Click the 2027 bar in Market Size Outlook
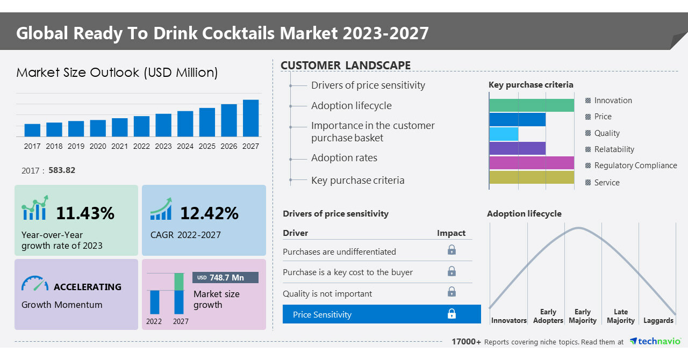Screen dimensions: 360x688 (x=250, y=118)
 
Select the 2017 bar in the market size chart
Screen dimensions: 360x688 (x=32, y=130)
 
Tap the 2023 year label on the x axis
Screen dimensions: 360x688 (x=163, y=146)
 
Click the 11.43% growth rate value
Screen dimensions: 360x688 (x=85, y=213)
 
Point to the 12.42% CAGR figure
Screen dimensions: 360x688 (x=209, y=213)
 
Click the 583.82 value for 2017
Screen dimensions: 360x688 (x=62, y=170)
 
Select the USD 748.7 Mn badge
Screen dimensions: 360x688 (x=225, y=278)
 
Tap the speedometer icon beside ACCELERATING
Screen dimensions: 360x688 (x=35, y=284)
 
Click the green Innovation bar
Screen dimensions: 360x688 (x=532, y=105)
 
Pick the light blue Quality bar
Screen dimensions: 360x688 (x=504, y=134)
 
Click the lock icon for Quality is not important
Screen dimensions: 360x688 (x=451, y=292)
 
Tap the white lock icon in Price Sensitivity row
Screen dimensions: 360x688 (x=451, y=314)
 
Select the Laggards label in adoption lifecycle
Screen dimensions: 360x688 (x=658, y=321)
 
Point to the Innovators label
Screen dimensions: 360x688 (x=508, y=321)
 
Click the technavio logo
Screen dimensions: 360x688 (x=655, y=342)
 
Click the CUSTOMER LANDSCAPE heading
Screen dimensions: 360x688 (x=346, y=66)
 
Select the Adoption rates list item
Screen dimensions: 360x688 (x=344, y=158)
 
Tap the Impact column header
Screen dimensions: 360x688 (x=451, y=233)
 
